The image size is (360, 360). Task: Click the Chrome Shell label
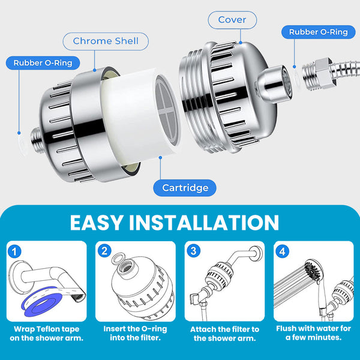tap(106, 41)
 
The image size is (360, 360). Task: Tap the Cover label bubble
tap(232, 20)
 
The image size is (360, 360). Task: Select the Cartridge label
tap(185, 188)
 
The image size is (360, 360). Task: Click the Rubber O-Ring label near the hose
tap(318, 32)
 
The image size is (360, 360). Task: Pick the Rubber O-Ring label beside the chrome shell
tap(43, 63)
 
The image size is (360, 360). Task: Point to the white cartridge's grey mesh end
tap(166, 110)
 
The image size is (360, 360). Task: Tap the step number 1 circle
tap(14, 251)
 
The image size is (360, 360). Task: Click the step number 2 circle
tap(104, 251)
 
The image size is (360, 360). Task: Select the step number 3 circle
tap(194, 251)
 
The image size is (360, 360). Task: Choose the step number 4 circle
tap(282, 251)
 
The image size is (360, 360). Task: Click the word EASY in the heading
tap(96, 223)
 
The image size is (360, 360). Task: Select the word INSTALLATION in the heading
tap(204, 223)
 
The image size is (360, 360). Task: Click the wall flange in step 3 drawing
tap(256, 253)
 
